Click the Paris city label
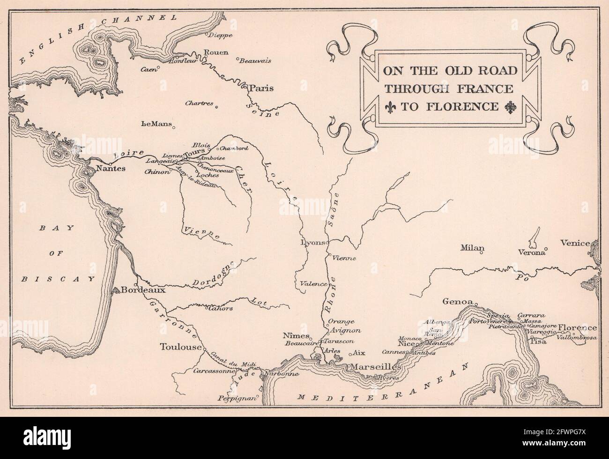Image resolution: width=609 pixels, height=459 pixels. [262, 88]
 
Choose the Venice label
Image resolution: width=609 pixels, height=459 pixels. [575, 243]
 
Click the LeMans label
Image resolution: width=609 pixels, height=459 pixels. [155, 125]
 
